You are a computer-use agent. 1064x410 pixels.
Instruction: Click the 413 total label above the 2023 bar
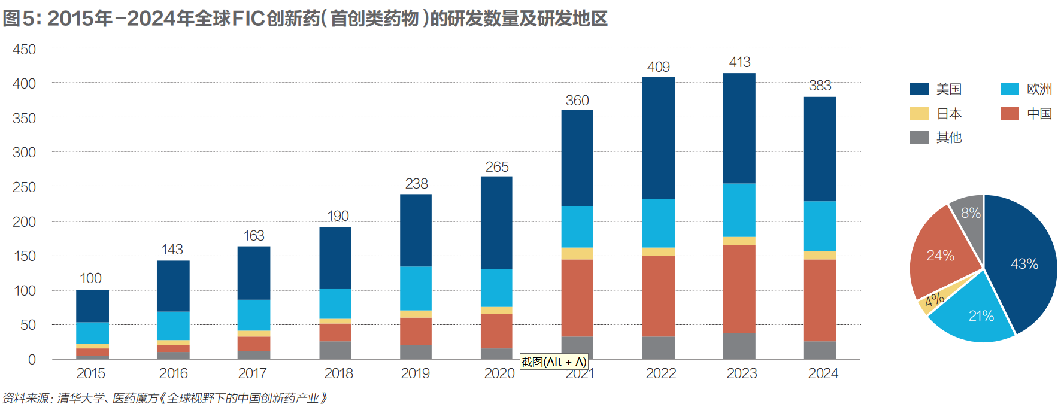click(739, 62)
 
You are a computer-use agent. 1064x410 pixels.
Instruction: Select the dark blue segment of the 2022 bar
click(658, 138)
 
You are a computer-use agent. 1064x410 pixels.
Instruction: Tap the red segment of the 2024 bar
click(819, 300)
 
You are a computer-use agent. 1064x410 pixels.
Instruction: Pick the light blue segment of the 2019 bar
click(416, 288)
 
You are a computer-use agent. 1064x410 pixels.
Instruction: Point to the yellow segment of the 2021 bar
click(577, 253)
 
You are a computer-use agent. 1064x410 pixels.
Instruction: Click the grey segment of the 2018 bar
click(335, 350)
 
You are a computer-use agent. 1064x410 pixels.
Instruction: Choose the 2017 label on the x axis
click(252, 373)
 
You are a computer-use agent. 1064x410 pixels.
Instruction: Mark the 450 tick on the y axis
click(24, 50)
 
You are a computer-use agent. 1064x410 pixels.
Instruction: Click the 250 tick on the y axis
click(24, 187)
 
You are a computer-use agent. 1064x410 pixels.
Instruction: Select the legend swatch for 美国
click(919, 89)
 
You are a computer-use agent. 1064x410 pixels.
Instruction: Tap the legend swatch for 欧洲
click(1010, 89)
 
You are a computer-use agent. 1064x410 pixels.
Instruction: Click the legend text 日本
click(949, 114)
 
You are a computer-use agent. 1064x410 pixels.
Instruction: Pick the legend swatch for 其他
click(919, 138)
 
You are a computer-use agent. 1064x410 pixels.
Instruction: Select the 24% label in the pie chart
click(940, 256)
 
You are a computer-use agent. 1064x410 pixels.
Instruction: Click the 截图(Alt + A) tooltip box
click(554, 362)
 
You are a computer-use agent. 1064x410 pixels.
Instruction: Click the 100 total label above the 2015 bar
click(90, 278)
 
